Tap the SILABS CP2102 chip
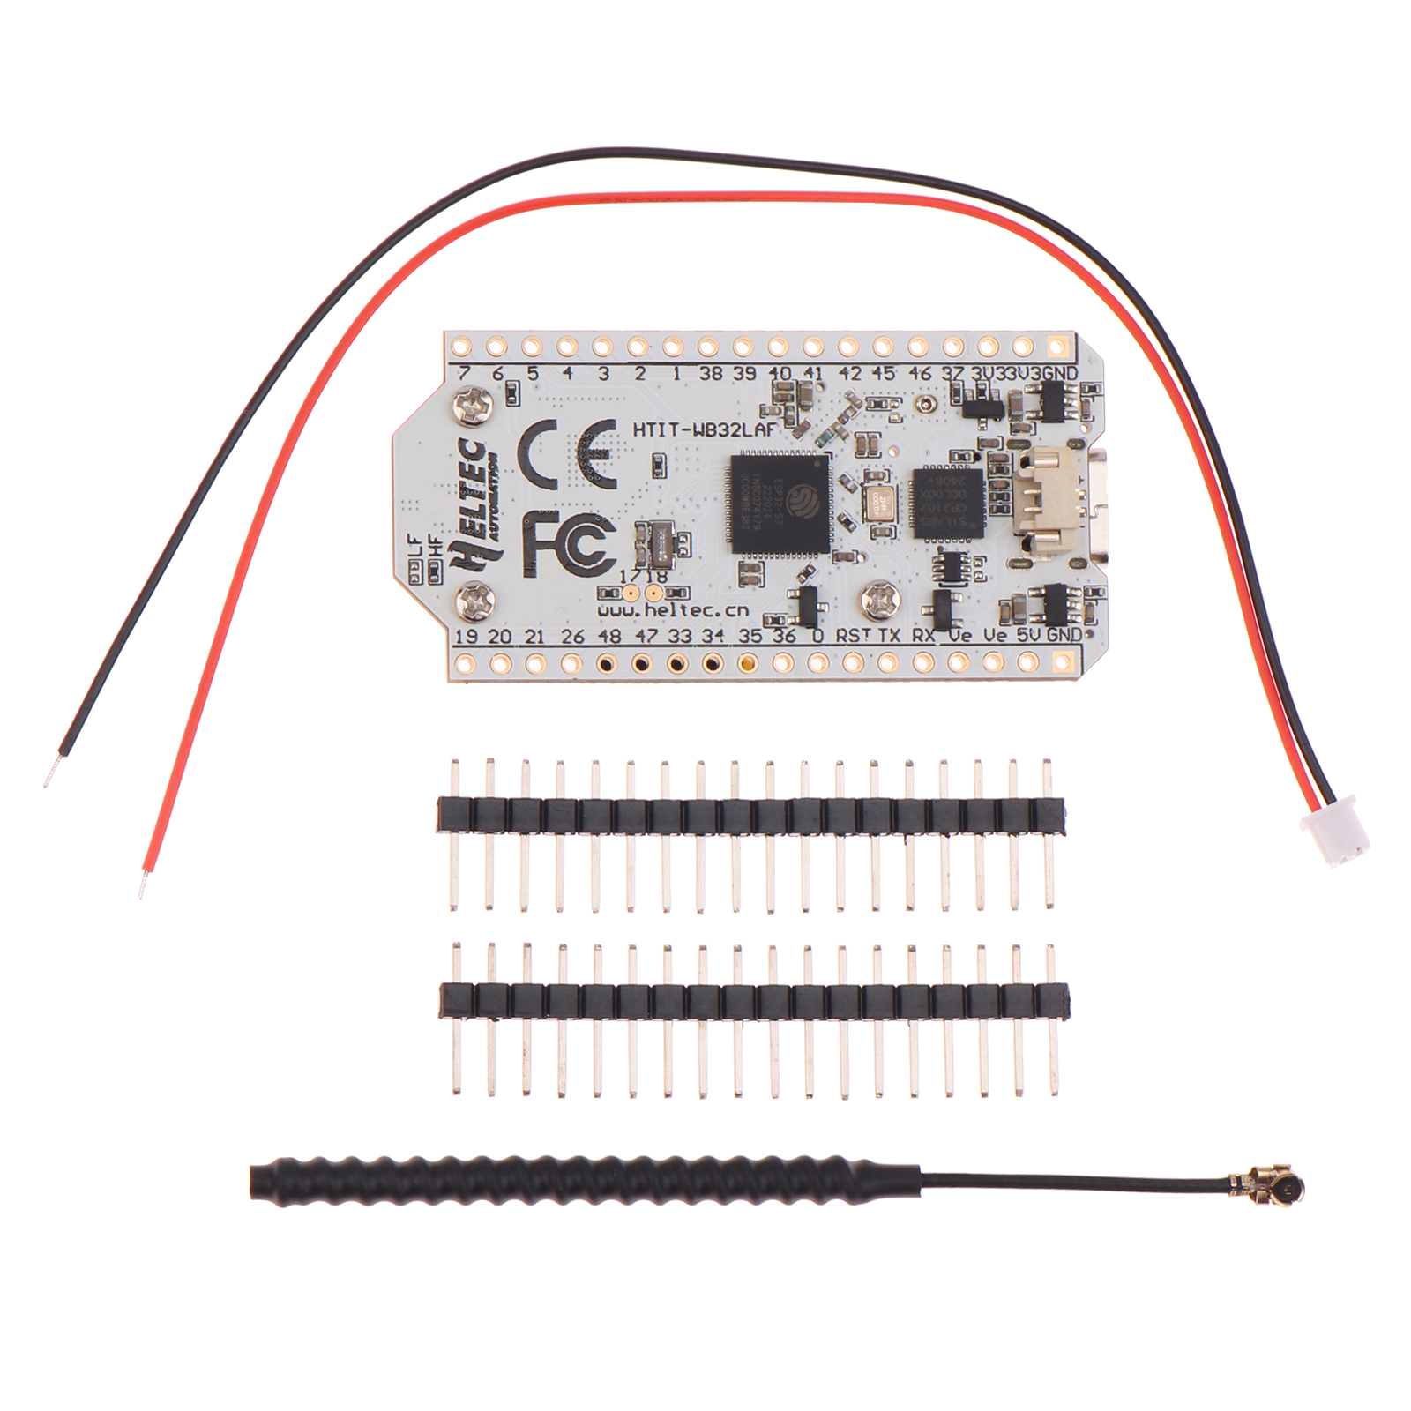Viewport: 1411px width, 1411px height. [x=947, y=503]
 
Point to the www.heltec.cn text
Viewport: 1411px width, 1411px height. [x=673, y=609]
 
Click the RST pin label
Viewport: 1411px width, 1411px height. [x=852, y=635]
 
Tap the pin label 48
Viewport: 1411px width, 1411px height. [x=608, y=635]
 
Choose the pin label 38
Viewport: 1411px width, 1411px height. [x=711, y=373]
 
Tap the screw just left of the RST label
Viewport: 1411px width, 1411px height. [x=878, y=598]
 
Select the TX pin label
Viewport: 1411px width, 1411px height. [x=890, y=635]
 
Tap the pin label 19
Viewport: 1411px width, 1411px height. [x=466, y=636]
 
